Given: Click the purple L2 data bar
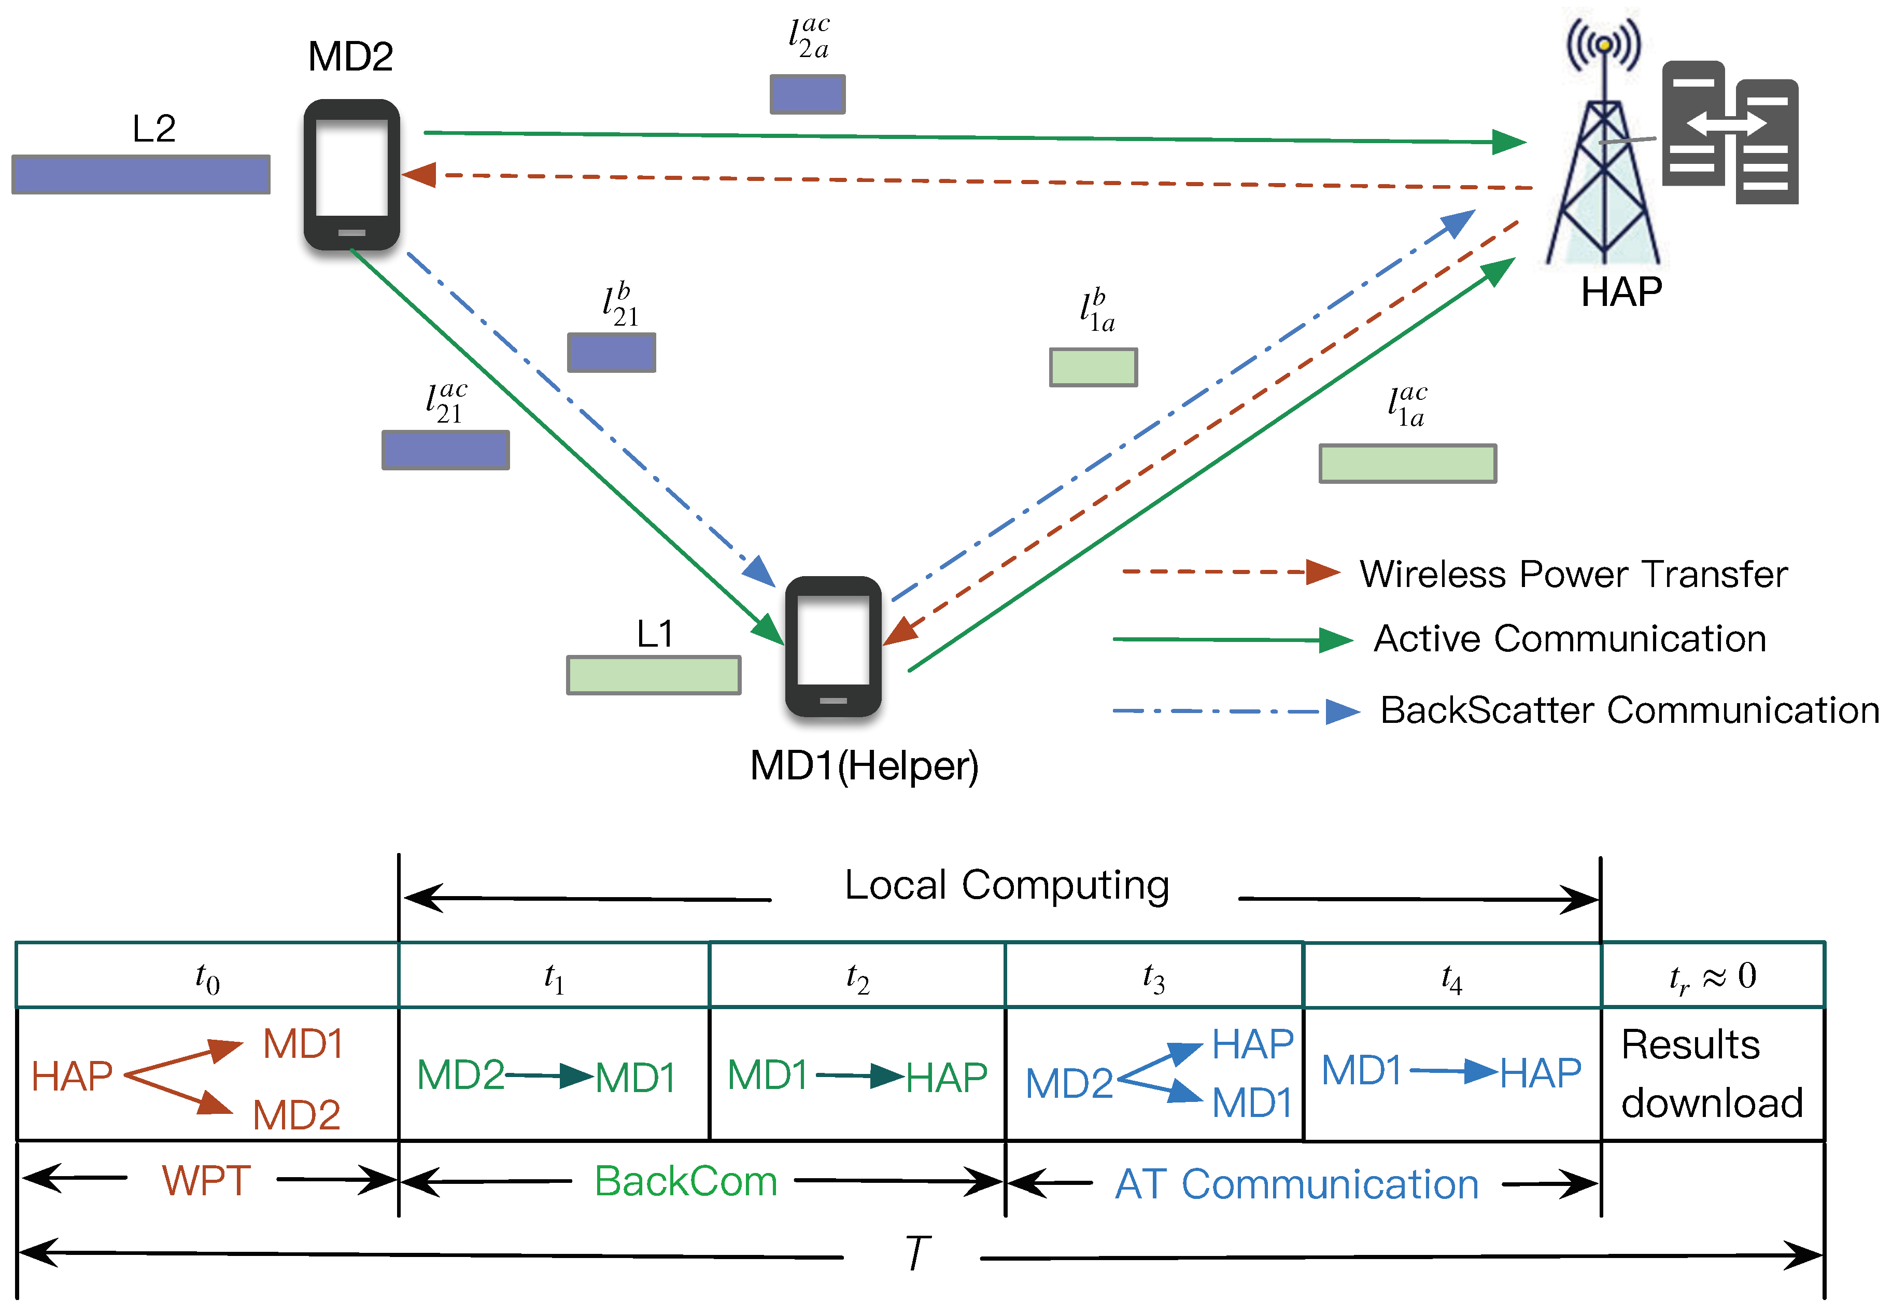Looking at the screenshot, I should pos(140,174).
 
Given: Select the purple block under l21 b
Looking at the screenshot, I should pos(611,352).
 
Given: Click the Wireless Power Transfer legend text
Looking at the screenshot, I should pos(1573,574).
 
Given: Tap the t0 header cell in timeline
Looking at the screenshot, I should pos(207,976).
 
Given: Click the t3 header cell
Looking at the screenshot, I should pos(1154,976).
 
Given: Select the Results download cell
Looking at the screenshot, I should pos(1712,1073).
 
